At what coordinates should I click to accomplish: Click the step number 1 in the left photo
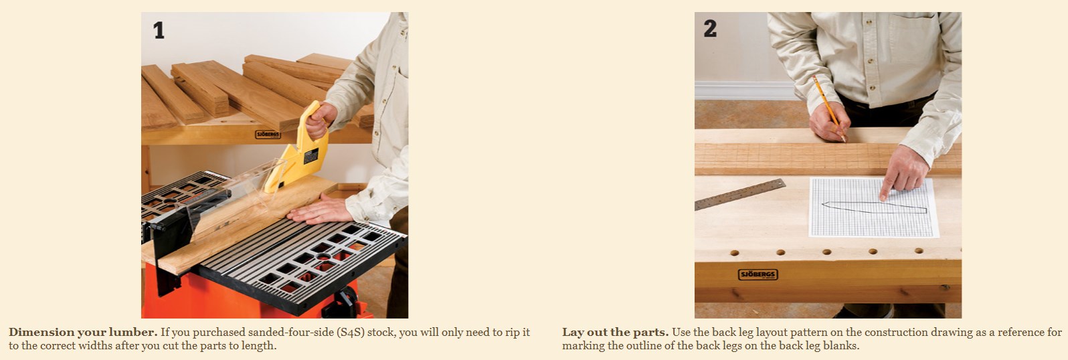pyautogui.click(x=159, y=30)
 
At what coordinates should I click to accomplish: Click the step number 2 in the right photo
pyautogui.click(x=710, y=28)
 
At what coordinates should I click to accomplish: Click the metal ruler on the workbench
pyautogui.click(x=740, y=195)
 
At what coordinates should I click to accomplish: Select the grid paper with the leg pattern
pyautogui.click(x=874, y=207)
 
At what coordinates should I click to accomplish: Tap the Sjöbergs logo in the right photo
pyautogui.click(x=758, y=274)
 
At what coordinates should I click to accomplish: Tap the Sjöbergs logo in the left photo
pyautogui.click(x=268, y=134)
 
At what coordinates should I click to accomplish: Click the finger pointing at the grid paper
pyautogui.click(x=887, y=188)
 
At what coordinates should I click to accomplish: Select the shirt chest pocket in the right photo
pyautogui.click(x=913, y=38)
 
